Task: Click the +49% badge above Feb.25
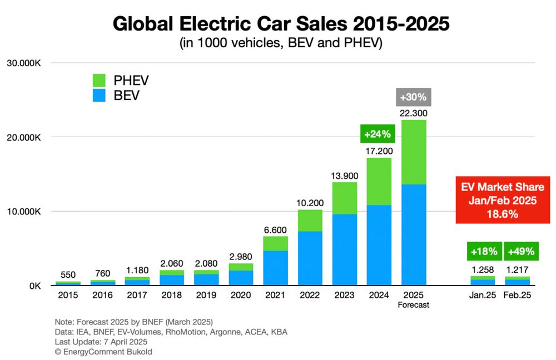click(x=522, y=251)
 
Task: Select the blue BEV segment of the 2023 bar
click(x=344, y=250)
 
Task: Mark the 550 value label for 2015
click(x=68, y=275)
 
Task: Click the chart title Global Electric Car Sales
click(x=281, y=24)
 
